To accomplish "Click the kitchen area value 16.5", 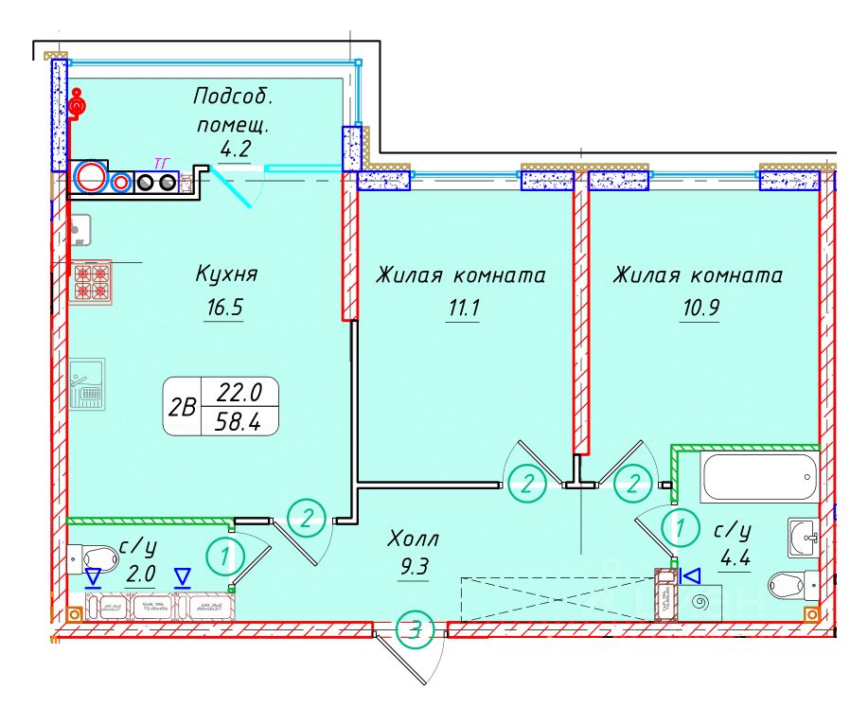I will (x=223, y=308).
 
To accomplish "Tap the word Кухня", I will (x=226, y=275).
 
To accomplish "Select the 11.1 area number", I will (x=461, y=308).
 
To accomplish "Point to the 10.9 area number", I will (x=698, y=308).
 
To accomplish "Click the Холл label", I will (x=414, y=540).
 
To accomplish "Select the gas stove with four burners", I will (x=91, y=281).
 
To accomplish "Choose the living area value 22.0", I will (x=241, y=390).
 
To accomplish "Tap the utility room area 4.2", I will (x=233, y=148).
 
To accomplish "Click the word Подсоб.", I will (x=233, y=97).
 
